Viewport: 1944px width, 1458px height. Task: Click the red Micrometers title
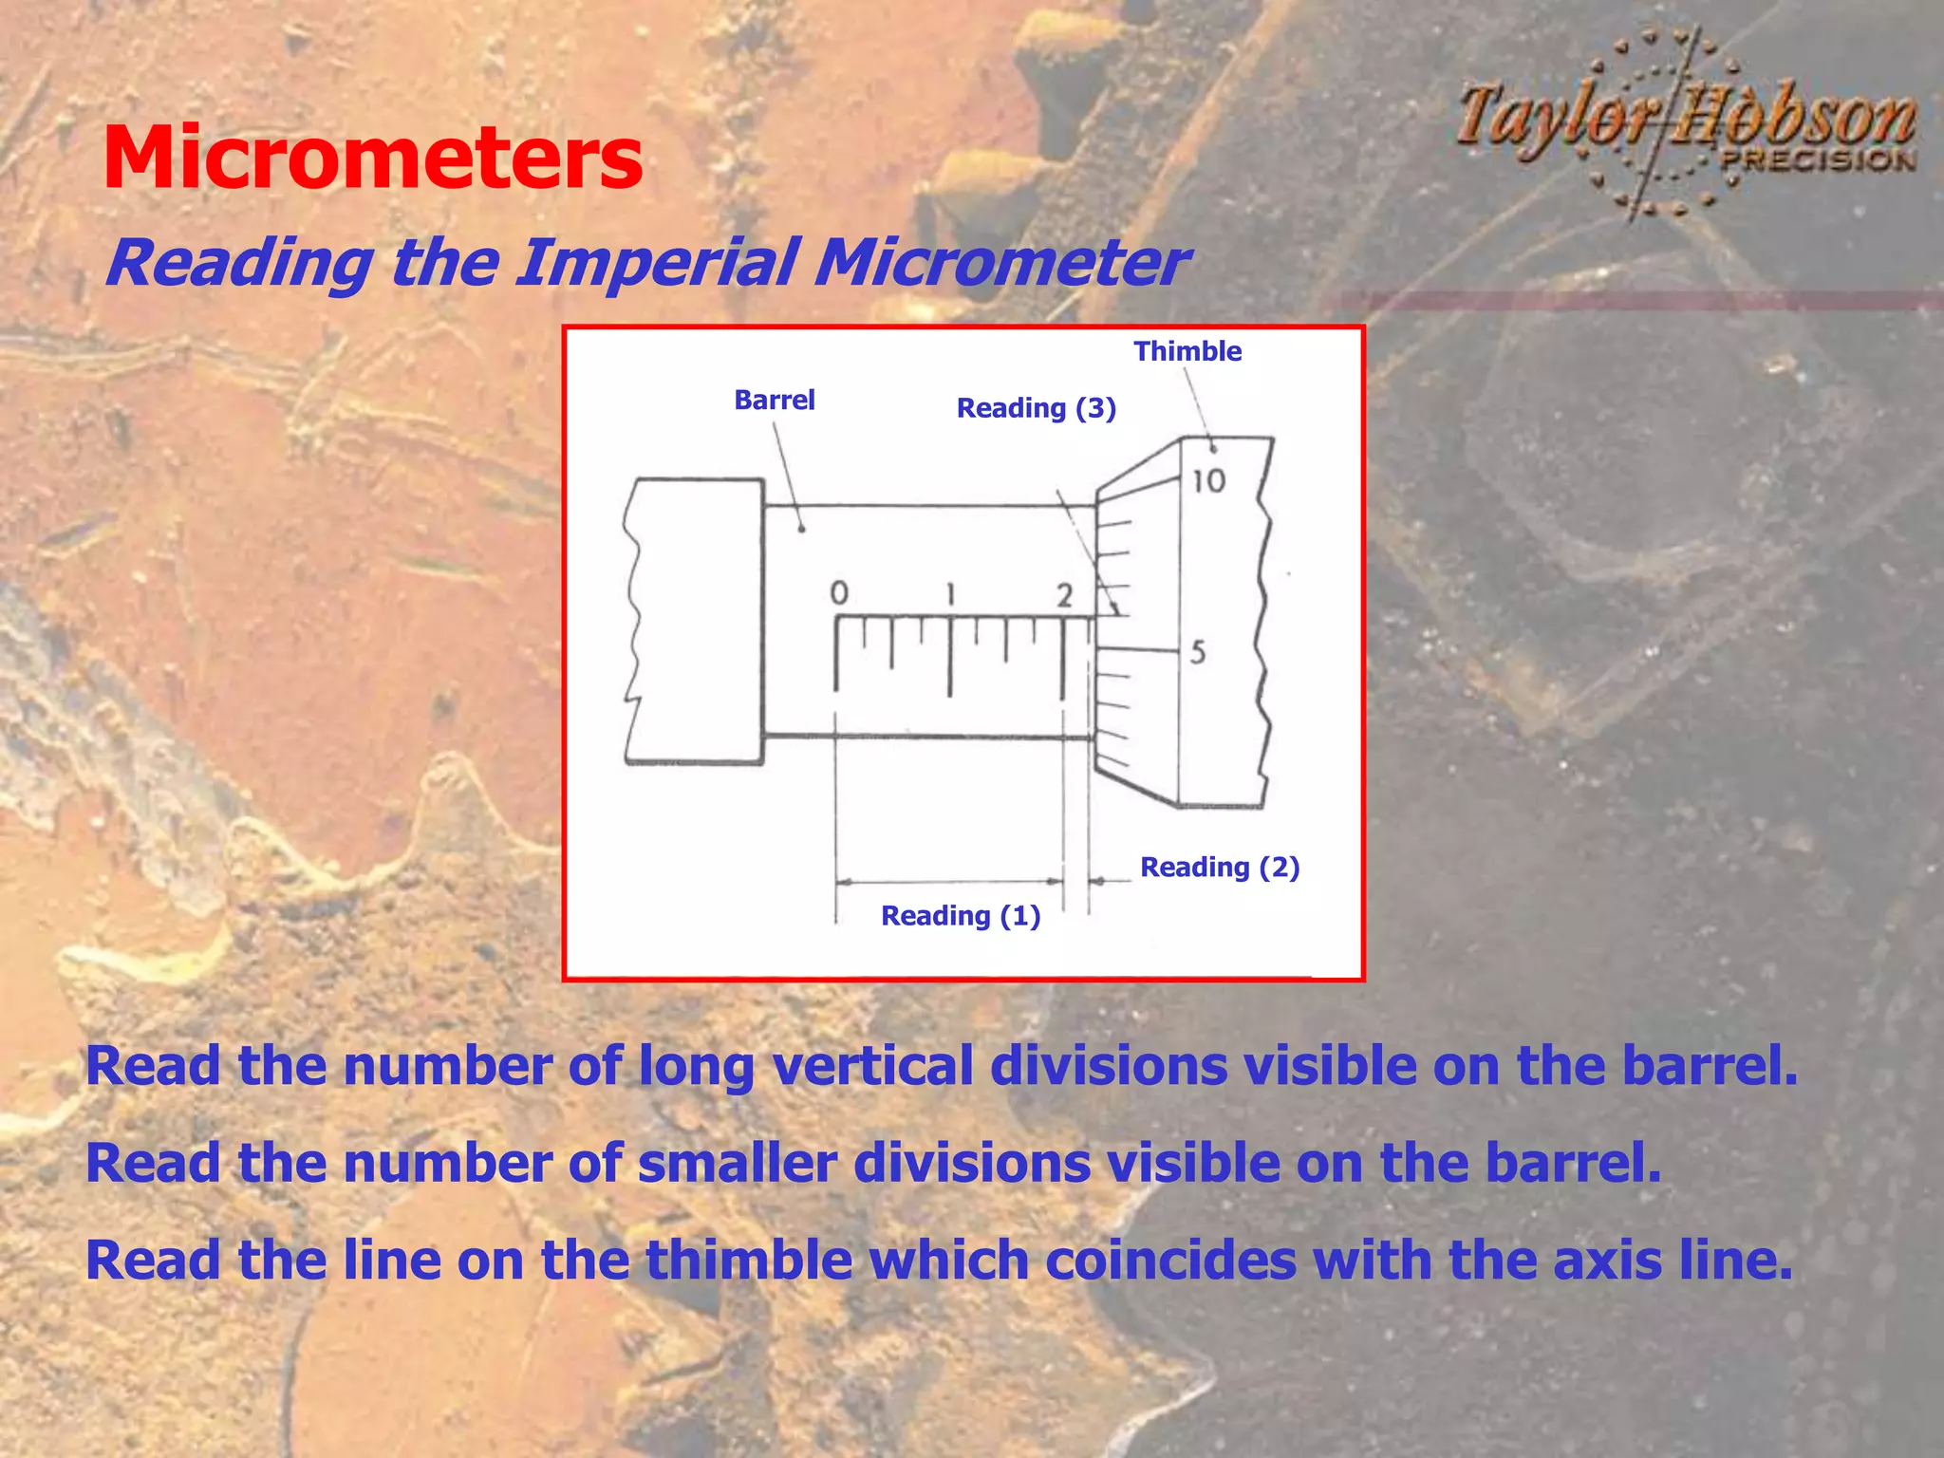(x=372, y=159)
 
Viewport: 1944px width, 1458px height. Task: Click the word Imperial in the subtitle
(x=655, y=263)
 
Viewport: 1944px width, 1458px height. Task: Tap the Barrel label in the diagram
(x=775, y=400)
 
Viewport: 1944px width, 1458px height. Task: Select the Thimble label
(x=1187, y=351)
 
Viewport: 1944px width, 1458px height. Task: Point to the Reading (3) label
(x=1036, y=408)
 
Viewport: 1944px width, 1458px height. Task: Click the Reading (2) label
(x=1219, y=867)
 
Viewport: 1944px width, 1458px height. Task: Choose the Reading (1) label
(x=961, y=916)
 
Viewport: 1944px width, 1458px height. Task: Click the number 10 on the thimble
(x=1208, y=480)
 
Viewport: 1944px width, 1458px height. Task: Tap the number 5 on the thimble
(x=1198, y=652)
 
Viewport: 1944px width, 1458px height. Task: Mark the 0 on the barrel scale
(x=839, y=594)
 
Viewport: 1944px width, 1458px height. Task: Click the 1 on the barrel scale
(x=950, y=595)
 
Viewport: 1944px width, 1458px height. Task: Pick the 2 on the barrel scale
(x=1064, y=596)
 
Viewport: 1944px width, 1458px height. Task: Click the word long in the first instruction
(x=696, y=1066)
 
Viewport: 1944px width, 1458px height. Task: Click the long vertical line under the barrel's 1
(x=949, y=657)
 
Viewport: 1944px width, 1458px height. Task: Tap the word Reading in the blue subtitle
(x=239, y=263)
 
